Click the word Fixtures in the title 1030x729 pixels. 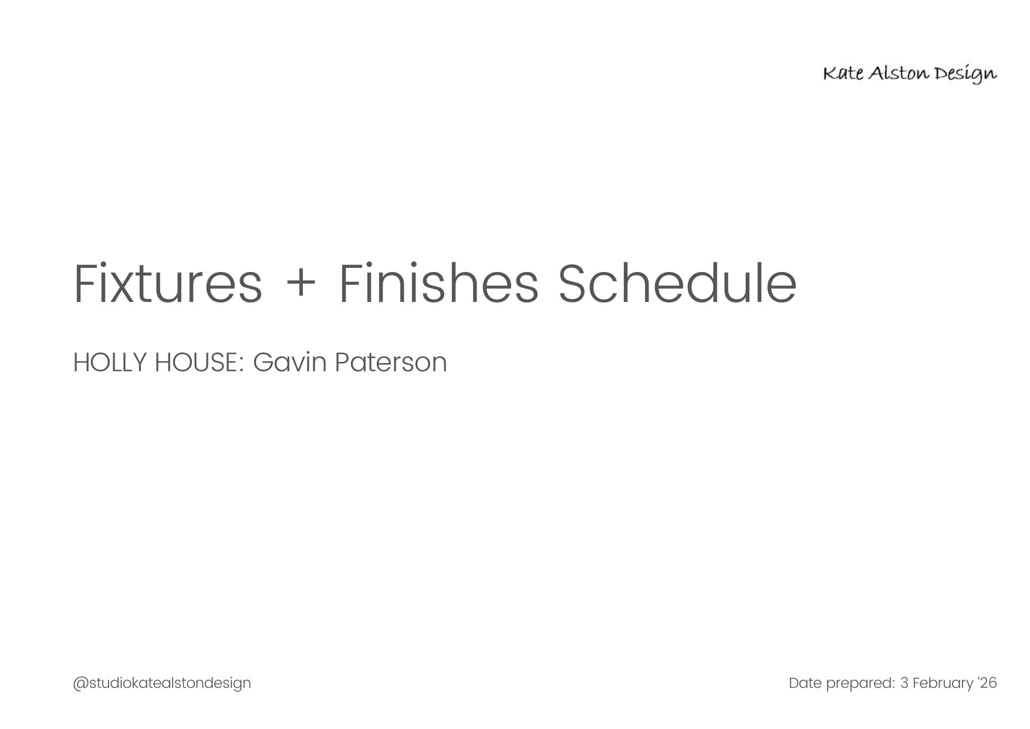coord(168,284)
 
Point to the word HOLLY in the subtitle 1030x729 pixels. coord(110,362)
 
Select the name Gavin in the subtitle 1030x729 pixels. coord(289,362)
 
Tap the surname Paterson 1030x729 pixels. coord(391,362)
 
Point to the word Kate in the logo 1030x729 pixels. coord(842,73)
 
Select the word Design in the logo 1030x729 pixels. coord(966,75)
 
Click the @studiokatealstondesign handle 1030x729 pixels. coord(162,683)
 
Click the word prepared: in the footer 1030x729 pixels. coord(860,684)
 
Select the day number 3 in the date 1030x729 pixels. coord(904,683)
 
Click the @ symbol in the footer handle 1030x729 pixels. coord(80,684)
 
